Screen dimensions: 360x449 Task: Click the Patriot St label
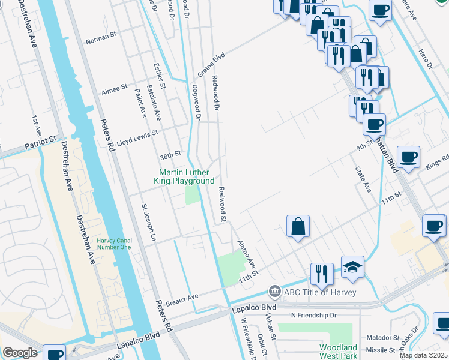(44, 143)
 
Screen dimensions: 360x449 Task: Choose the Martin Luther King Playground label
(186, 176)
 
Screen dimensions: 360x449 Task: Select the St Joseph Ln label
(148, 223)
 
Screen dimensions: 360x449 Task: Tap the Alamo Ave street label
(246, 255)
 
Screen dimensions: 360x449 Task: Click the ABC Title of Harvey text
(320, 292)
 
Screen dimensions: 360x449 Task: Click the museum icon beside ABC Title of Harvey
(274, 292)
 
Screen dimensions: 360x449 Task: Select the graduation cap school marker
(352, 268)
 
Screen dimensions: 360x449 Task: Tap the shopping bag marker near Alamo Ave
(298, 227)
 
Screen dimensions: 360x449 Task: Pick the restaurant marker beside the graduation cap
(322, 274)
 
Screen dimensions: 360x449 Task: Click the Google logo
(20, 353)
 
